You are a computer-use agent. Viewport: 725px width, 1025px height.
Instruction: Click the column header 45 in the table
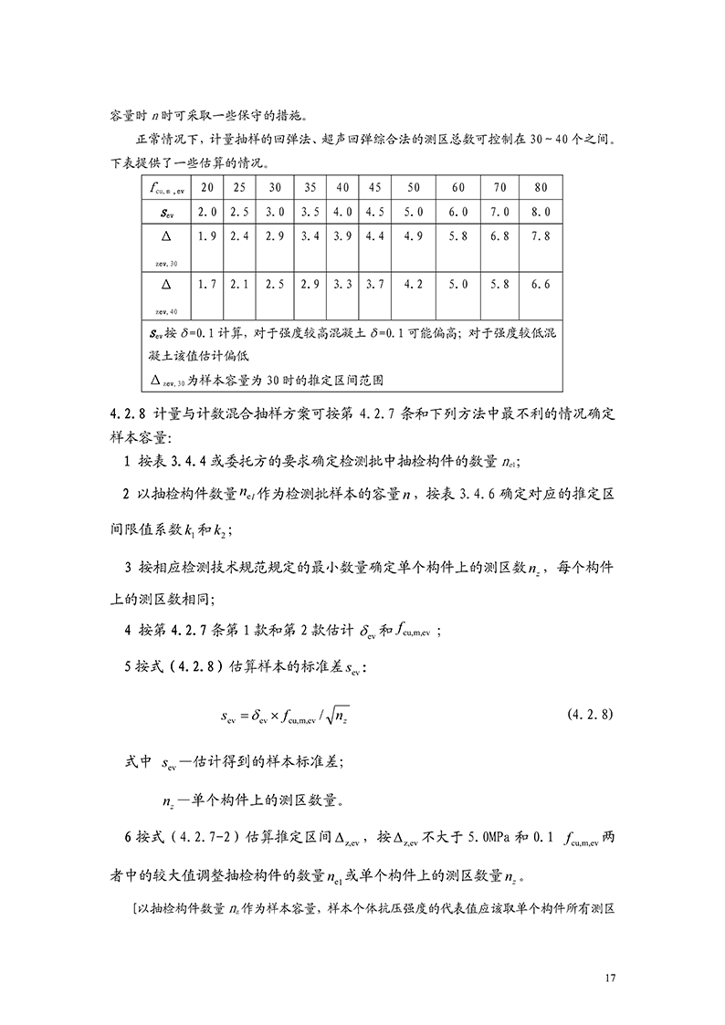374,187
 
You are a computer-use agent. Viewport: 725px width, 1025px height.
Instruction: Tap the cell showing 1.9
207,236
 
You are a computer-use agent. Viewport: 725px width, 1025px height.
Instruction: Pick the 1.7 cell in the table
207,284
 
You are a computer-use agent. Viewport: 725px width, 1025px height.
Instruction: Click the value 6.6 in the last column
541,284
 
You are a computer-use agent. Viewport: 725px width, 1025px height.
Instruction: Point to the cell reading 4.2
413,284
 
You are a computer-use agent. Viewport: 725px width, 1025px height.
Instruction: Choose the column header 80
541,187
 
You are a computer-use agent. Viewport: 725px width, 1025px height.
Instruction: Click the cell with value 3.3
342,284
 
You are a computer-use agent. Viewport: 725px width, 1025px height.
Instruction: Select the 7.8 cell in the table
541,236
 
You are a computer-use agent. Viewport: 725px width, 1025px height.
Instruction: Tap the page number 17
610,978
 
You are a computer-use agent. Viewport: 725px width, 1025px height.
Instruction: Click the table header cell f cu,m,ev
166,188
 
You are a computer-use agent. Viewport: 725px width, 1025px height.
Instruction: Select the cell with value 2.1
239,284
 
